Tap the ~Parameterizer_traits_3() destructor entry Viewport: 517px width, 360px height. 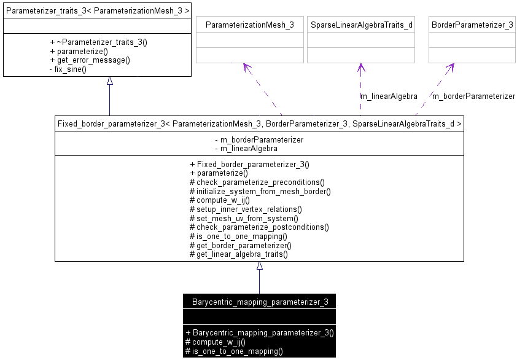point(98,42)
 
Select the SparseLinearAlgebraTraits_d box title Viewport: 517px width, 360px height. point(361,25)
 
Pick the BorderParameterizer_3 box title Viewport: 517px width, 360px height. point(472,25)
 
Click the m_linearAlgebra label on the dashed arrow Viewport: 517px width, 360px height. point(389,96)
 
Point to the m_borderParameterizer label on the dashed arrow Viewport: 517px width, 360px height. point(473,96)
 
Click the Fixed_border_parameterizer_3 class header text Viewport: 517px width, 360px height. point(259,123)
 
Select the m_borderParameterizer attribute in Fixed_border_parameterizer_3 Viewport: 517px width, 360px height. point(258,139)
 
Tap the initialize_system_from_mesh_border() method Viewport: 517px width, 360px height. point(260,191)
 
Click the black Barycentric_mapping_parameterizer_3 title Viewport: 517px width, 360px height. point(260,302)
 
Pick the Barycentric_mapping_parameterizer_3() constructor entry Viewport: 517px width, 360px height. point(259,332)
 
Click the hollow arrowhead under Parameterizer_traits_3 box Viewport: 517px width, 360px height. point(110,80)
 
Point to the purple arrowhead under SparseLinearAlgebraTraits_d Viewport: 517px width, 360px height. point(361,66)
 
